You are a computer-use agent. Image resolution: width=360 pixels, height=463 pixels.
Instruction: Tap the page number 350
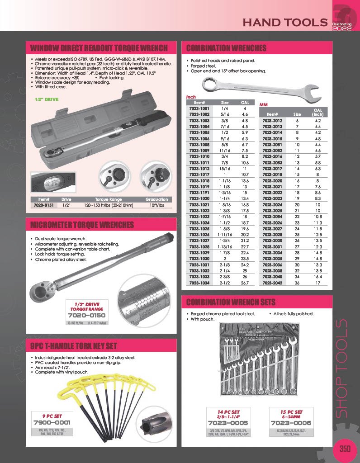pyautogui.click(x=345, y=449)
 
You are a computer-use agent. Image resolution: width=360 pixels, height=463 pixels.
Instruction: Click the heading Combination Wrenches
pyautogui.click(x=227, y=48)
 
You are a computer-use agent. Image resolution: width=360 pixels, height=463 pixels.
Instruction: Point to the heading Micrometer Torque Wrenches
pyautogui.click(x=82, y=225)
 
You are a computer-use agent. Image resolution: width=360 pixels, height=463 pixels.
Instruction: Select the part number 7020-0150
pyautogui.click(x=86, y=315)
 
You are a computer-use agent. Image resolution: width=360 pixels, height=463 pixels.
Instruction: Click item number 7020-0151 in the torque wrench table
pyautogui.click(x=44, y=205)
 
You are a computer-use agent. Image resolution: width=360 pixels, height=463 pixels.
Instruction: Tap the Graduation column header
pyautogui.click(x=156, y=199)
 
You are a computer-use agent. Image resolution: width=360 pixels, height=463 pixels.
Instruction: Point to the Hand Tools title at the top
pyautogui.click(x=285, y=22)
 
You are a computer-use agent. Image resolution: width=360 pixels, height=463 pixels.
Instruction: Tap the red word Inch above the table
pyautogui.click(x=191, y=97)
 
